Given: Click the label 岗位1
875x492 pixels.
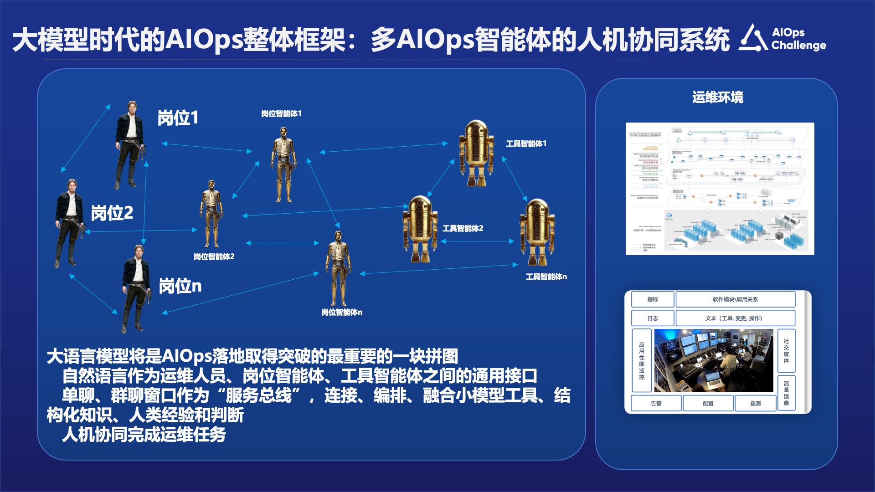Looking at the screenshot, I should tap(178, 118).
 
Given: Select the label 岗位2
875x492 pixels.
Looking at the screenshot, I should tap(112, 213).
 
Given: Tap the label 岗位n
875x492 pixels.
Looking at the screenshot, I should tap(180, 286).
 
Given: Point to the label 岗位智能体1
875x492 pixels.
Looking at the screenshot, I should tap(281, 113).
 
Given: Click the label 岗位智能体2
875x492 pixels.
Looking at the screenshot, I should tap(214, 256).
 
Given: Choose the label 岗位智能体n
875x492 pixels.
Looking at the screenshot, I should tap(341, 312).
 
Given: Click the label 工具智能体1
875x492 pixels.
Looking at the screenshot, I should tap(526, 143).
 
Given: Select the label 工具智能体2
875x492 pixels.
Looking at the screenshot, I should tap(463, 228).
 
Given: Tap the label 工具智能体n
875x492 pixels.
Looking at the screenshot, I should tap(546, 277).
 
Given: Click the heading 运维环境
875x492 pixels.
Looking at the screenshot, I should tap(717, 97).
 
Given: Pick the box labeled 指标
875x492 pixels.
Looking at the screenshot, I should tap(652, 299).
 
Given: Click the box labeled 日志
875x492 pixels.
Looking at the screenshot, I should tap(652, 318).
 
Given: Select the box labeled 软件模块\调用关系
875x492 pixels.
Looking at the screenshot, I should tap(735, 299).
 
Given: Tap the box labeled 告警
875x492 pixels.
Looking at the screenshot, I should tap(656, 403).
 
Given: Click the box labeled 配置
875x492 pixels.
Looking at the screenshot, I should tap(708, 403).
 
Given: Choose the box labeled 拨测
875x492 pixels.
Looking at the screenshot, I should tap(755, 403).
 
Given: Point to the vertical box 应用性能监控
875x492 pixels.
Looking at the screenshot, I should tap(642, 360).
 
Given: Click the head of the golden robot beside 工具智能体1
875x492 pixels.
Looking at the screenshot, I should tap(477, 130).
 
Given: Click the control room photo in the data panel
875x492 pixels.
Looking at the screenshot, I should tap(714, 360).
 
